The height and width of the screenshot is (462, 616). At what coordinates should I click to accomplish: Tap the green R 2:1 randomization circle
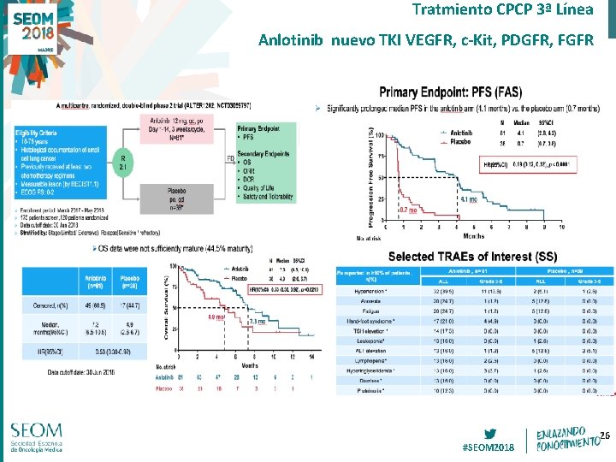click(x=125, y=163)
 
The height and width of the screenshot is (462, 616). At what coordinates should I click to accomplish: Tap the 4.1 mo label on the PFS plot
click(x=469, y=199)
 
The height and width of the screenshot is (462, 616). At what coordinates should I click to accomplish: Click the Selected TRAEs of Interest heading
click(x=474, y=256)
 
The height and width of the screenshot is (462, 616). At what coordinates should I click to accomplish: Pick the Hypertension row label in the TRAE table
click(x=358, y=292)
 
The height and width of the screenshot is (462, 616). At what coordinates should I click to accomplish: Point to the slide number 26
click(x=604, y=437)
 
